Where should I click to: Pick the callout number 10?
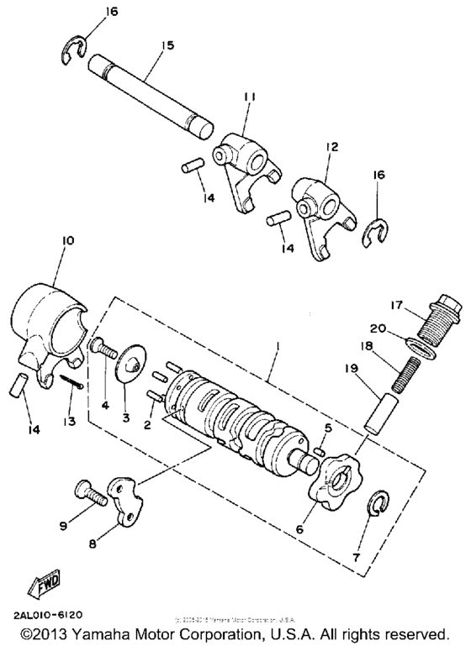[x=67, y=240]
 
